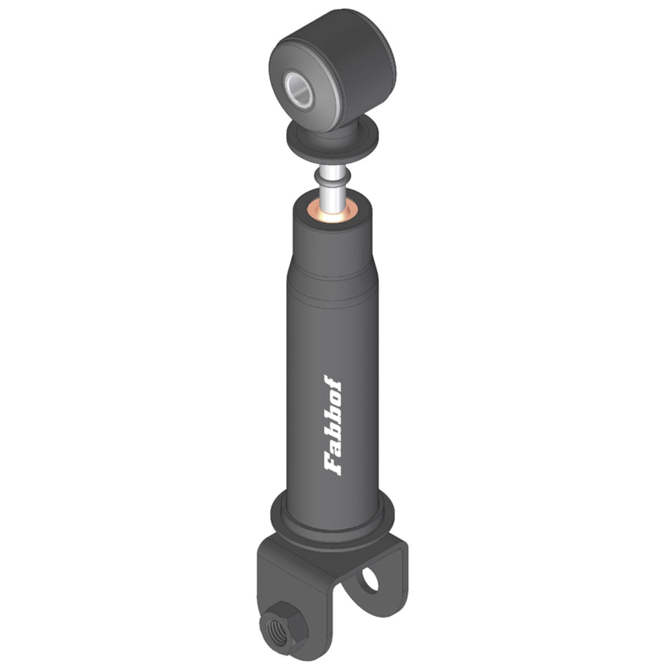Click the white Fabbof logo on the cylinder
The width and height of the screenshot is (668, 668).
(x=333, y=425)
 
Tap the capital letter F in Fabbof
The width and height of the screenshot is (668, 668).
(x=333, y=464)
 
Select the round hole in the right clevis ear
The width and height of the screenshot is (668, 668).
(x=370, y=579)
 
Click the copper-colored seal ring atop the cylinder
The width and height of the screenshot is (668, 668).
(x=333, y=212)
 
